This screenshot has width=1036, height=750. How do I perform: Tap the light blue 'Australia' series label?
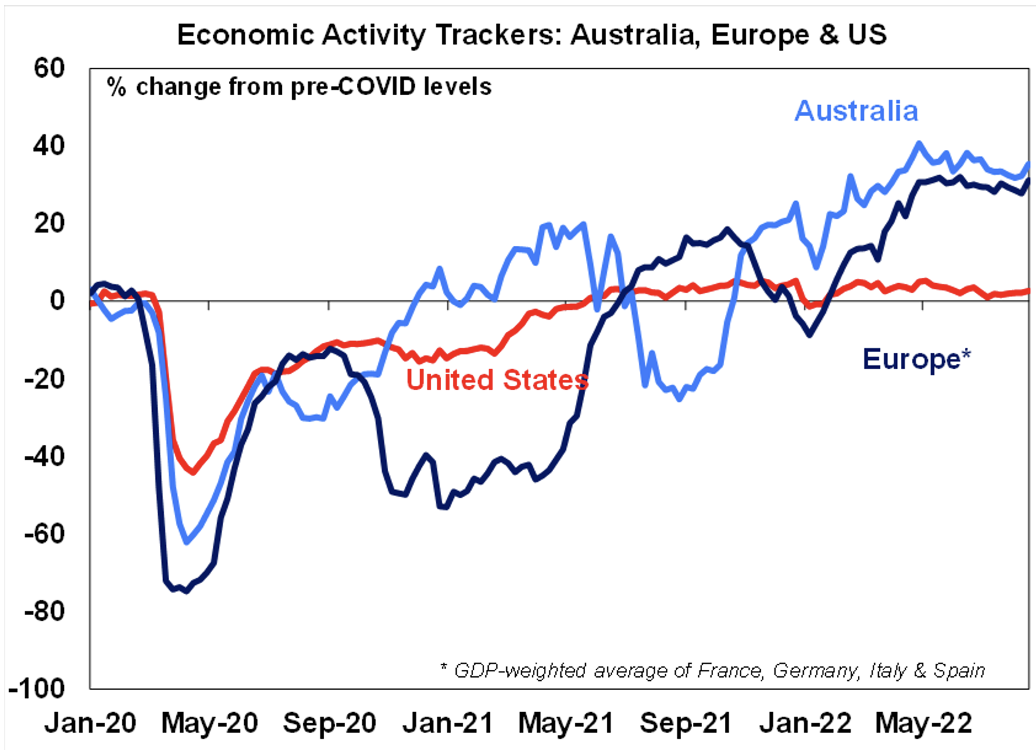tap(856, 112)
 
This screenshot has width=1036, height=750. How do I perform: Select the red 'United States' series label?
tap(497, 380)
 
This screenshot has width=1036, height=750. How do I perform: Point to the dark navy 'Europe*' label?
tap(916, 359)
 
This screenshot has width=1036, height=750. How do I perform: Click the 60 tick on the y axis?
tap(50, 68)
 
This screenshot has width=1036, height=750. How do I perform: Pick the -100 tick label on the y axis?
tap(37, 688)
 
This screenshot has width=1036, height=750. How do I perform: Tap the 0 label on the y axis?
tap(57, 301)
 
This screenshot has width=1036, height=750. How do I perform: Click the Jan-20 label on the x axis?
tap(90, 723)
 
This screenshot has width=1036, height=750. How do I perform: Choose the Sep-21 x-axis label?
tap(686, 723)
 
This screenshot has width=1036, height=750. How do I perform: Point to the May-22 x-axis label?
tap(923, 723)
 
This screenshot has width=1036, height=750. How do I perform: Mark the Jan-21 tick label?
tap(448, 723)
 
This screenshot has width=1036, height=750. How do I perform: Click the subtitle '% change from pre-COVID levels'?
tap(299, 87)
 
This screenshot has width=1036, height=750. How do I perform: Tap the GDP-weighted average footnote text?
tap(712, 670)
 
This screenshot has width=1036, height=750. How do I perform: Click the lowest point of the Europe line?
tap(185, 591)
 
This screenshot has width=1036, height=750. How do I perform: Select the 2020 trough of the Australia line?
tap(187, 542)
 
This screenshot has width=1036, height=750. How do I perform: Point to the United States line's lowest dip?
tap(192, 472)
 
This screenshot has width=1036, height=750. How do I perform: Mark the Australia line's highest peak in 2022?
tap(919, 143)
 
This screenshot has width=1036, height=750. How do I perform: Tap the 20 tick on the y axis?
tap(50, 223)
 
